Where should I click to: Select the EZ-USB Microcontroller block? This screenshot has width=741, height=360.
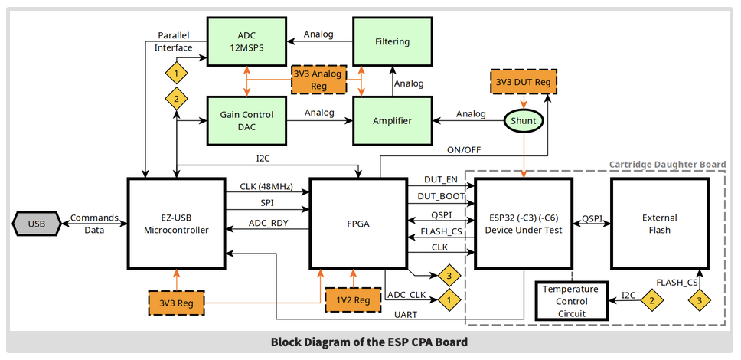coord(176,224)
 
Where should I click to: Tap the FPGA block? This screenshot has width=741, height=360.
coord(357,224)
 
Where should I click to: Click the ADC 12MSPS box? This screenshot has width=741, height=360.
coord(247,41)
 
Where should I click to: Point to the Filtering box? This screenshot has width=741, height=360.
coord(393,41)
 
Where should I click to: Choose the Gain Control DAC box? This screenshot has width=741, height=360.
coord(247,120)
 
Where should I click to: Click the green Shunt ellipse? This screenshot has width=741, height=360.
coord(524,121)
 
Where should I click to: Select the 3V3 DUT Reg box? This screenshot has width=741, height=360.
coord(523,82)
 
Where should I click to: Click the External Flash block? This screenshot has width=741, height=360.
coord(659,224)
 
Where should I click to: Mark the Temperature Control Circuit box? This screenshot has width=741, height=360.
coord(571,301)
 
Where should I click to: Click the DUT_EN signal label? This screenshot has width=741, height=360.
coord(441,179)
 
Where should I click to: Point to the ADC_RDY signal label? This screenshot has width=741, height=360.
coord(269,224)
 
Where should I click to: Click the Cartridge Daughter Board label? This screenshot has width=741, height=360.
coord(667,165)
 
